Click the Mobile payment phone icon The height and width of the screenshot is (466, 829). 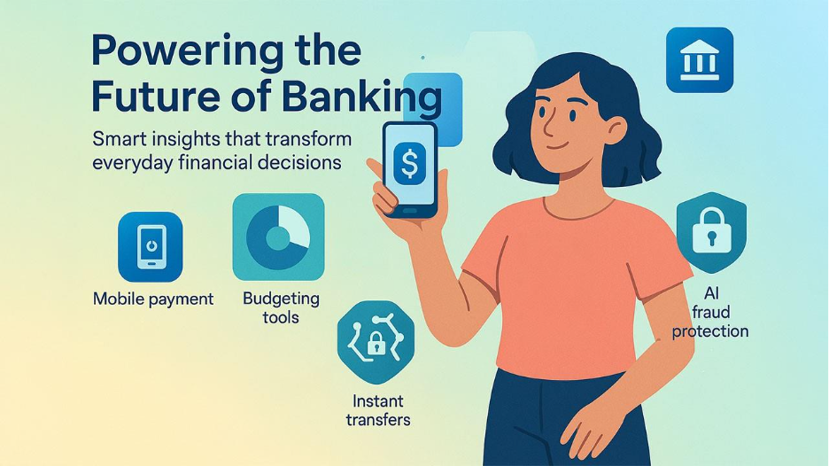click(151, 246)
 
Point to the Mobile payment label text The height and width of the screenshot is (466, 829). click(153, 299)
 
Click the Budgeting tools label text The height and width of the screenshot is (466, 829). click(281, 307)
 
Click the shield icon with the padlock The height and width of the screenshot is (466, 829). click(710, 232)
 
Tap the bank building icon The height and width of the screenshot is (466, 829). click(699, 60)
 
